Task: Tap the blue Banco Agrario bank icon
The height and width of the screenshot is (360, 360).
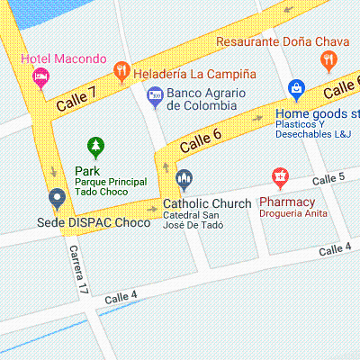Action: click(155, 94)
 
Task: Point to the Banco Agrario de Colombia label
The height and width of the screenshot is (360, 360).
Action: click(202, 99)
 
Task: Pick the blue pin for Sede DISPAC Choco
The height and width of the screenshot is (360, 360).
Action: click(57, 198)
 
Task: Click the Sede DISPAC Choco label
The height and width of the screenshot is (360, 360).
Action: click(94, 222)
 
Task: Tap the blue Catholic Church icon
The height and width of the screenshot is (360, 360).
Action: click(184, 180)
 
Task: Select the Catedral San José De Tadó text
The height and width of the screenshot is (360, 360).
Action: click(191, 221)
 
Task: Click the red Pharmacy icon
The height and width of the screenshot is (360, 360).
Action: click(280, 177)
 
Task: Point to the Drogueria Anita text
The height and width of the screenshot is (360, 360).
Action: click(292, 215)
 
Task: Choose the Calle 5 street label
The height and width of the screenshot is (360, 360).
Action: click(329, 180)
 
